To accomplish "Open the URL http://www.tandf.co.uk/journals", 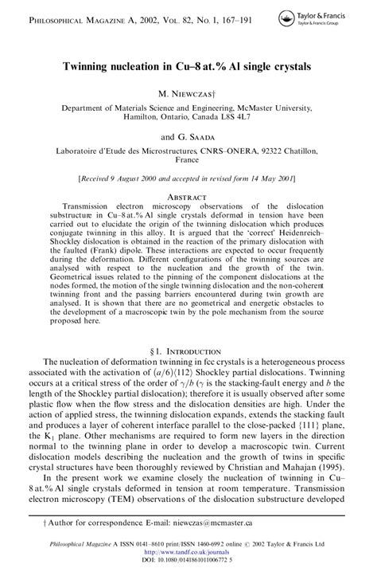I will point(187,556).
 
